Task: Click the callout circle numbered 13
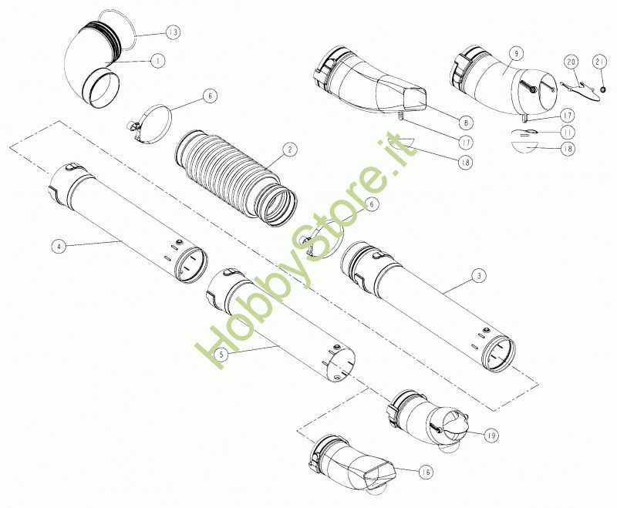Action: (x=172, y=32)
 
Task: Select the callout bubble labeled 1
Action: (x=157, y=61)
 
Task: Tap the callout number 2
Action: (x=290, y=150)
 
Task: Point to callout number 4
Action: (x=59, y=247)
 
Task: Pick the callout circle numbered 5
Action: (x=222, y=355)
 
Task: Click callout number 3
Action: (x=478, y=277)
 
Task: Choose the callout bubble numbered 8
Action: (x=466, y=123)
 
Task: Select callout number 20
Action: (x=571, y=62)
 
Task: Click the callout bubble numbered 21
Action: (x=600, y=62)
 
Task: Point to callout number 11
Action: (x=567, y=132)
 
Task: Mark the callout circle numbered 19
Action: (x=491, y=435)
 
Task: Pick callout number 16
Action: (x=426, y=472)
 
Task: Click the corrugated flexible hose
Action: (x=235, y=178)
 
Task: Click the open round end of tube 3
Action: (x=498, y=354)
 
